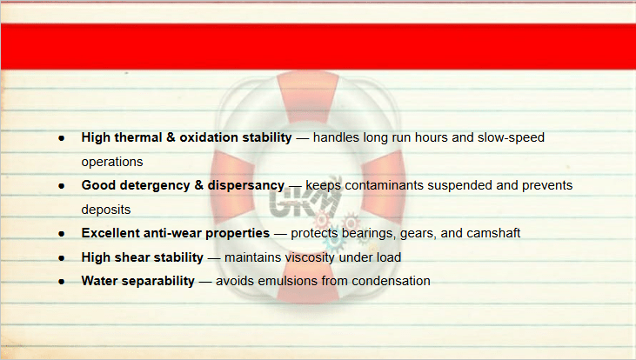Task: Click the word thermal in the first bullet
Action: point(138,137)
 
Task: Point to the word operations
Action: point(112,162)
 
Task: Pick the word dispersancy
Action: point(246,186)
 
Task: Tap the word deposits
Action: point(106,210)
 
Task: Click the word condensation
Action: point(391,281)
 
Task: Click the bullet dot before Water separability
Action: point(62,282)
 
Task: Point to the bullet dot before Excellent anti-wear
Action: point(62,234)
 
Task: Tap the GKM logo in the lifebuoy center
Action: point(306,199)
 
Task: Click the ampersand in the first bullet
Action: point(171,137)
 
